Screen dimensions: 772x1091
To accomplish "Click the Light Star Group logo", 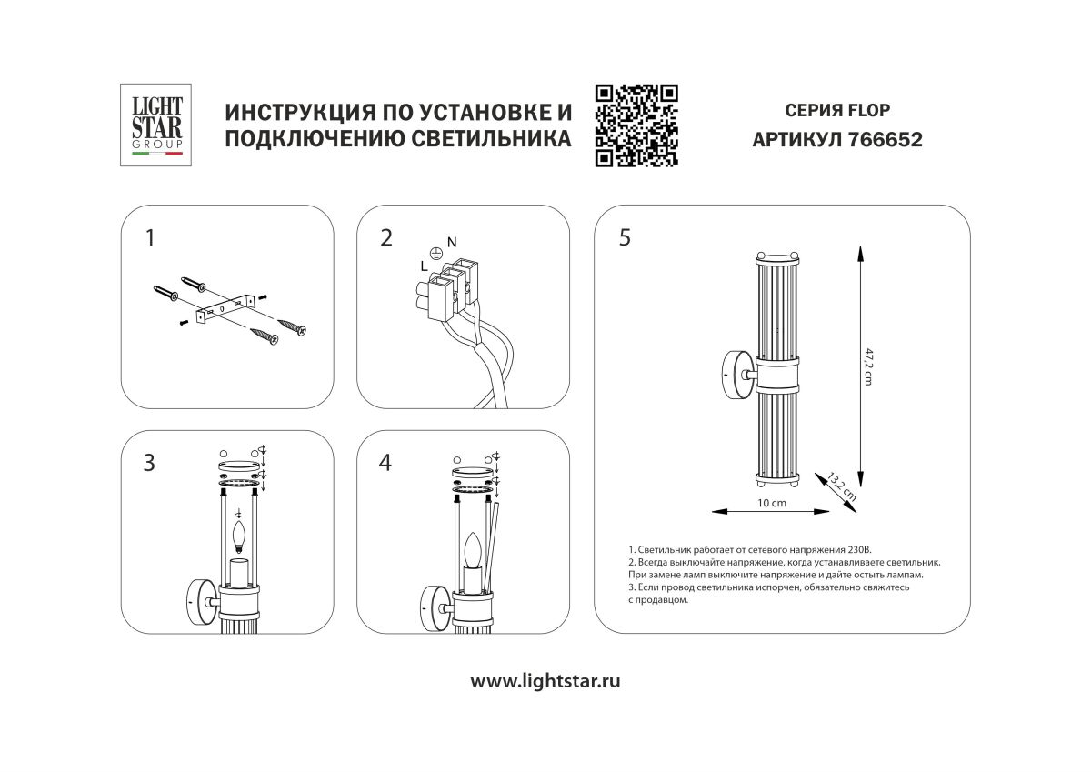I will tap(152, 125).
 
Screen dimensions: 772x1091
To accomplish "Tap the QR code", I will tap(636, 125).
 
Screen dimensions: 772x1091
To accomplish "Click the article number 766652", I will tap(885, 140).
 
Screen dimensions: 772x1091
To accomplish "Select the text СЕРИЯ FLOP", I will tap(837, 111).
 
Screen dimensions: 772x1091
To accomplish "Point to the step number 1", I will tap(150, 238).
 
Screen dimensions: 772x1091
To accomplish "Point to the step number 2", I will tap(386, 238).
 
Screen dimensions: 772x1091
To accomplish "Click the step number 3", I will tap(149, 462).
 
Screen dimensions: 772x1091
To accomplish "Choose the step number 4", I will tap(385, 462).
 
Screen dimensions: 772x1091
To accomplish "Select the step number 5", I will tap(624, 238).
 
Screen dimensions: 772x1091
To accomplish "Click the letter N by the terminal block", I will tap(452, 241).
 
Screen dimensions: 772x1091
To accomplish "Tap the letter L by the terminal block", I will tap(424, 266).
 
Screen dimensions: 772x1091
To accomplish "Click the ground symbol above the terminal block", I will tap(435, 254).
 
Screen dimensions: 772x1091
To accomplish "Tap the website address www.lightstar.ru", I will tap(545, 681).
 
